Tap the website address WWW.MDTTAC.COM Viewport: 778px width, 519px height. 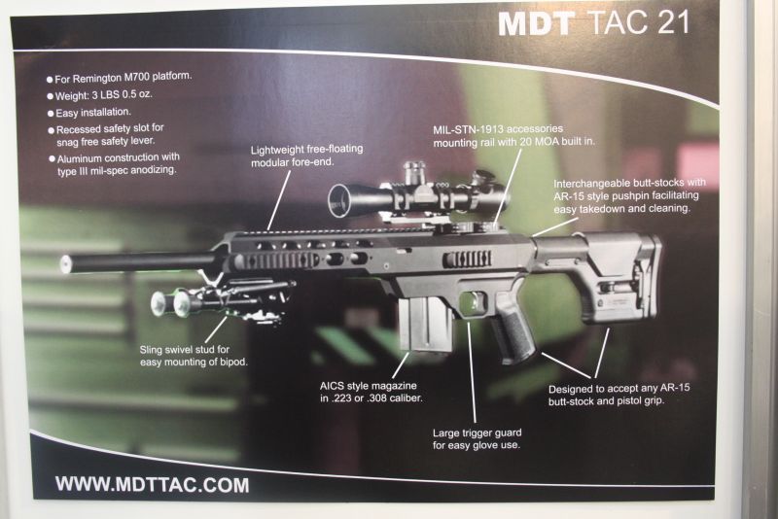pyautogui.click(x=152, y=484)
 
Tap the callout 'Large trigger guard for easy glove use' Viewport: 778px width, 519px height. pyautogui.click(x=477, y=438)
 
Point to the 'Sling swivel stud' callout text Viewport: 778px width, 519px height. pyautogui.click(x=194, y=355)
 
